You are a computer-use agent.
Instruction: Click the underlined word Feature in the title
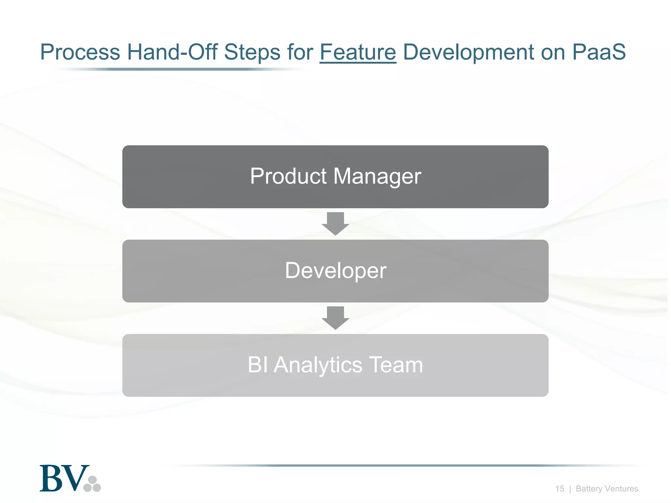pyautogui.click(x=357, y=52)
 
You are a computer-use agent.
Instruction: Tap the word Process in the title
pyautogui.click(x=80, y=52)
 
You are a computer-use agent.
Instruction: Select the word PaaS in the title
pyautogui.click(x=599, y=52)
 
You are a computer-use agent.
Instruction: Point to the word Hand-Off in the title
pyautogui.click(x=172, y=52)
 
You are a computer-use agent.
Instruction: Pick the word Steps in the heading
pyautogui.click(x=252, y=53)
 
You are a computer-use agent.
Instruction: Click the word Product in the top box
pyautogui.click(x=288, y=176)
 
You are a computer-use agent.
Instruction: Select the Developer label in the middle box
pyautogui.click(x=335, y=271)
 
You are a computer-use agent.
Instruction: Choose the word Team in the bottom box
pyautogui.click(x=396, y=365)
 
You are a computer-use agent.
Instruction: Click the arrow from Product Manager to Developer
pyautogui.click(x=335, y=224)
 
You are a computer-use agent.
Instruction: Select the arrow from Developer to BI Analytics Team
pyautogui.click(x=335, y=318)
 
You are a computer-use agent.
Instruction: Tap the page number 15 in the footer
pyautogui.click(x=560, y=489)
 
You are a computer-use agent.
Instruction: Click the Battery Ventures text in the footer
pyautogui.click(x=607, y=489)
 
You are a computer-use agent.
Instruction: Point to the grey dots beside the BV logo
pyautogui.click(x=92, y=484)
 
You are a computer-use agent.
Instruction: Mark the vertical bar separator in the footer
pyautogui.click(x=570, y=489)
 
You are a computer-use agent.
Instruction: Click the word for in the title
pyautogui.click(x=300, y=52)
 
